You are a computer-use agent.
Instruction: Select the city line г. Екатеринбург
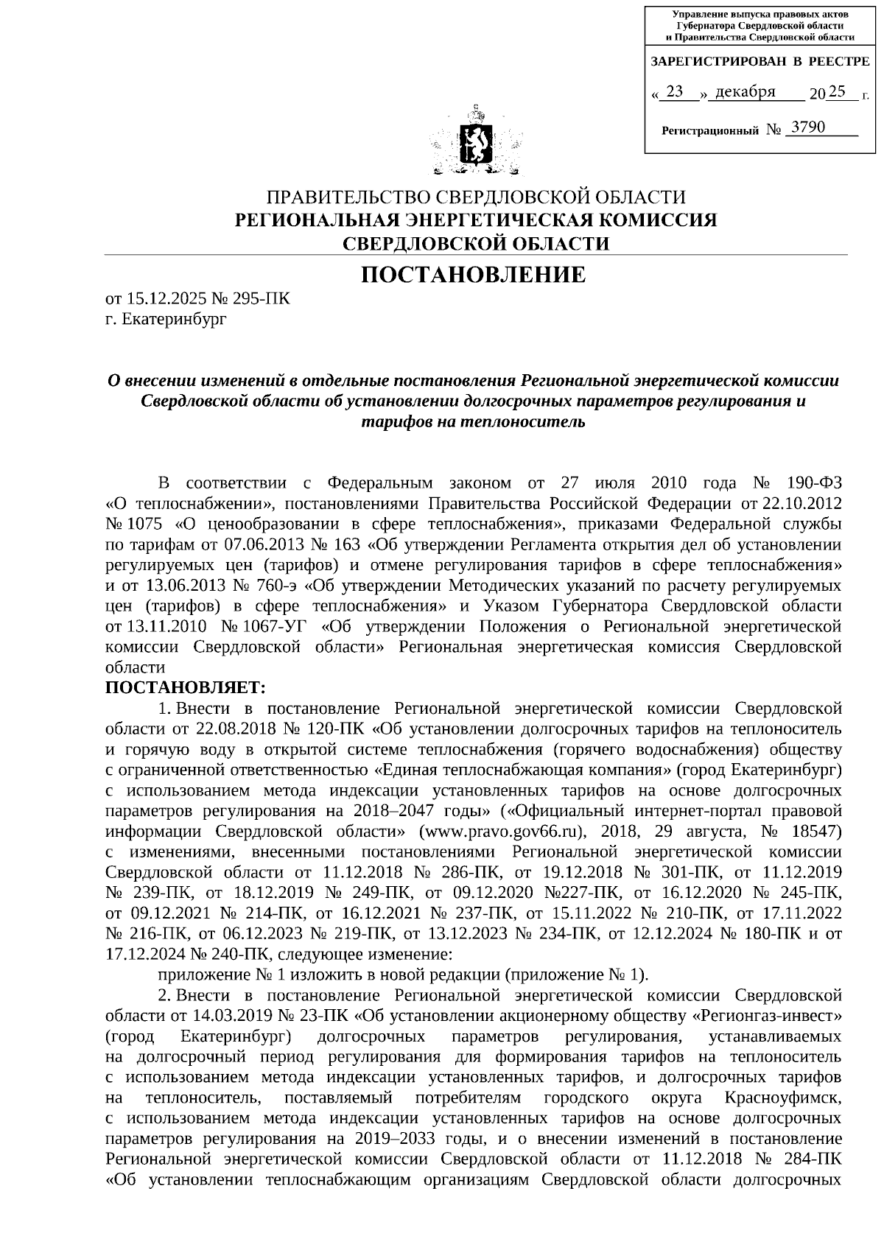(x=166, y=319)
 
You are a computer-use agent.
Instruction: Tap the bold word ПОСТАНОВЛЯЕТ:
(x=185, y=688)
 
